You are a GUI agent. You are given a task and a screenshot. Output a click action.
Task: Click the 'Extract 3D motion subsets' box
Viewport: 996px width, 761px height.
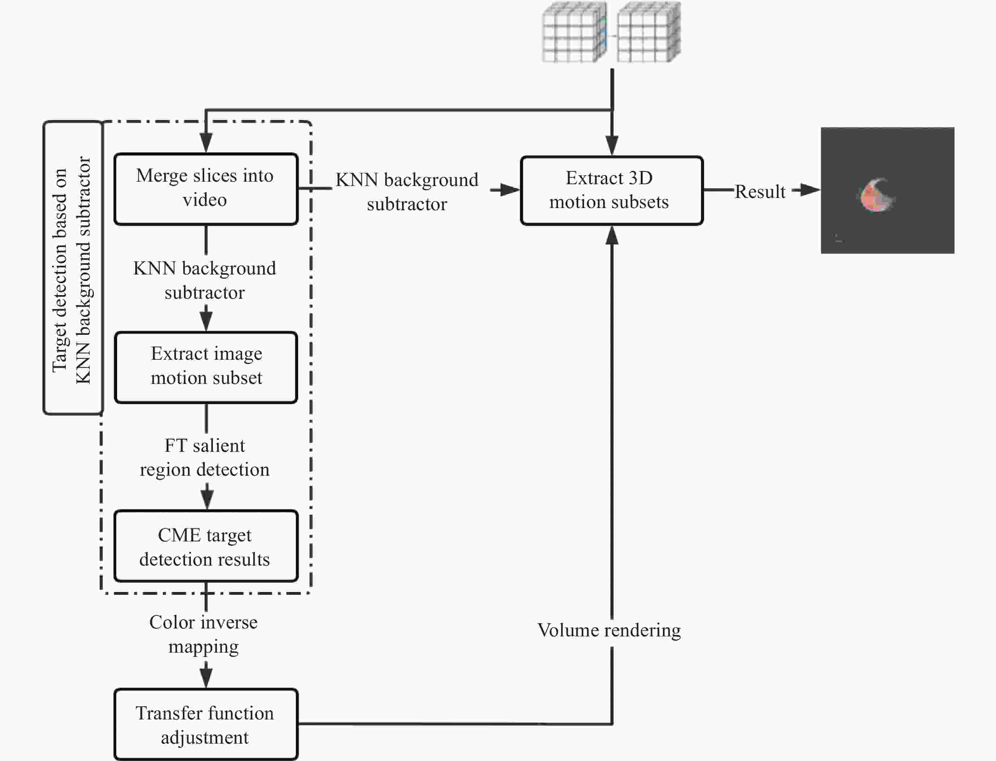(x=612, y=190)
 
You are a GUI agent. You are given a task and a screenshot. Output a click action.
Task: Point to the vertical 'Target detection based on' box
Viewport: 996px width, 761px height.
(x=73, y=267)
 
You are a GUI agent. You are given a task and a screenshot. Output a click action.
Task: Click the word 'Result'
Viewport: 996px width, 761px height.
(x=760, y=192)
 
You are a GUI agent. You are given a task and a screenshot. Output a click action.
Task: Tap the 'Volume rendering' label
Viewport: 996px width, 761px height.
(x=609, y=631)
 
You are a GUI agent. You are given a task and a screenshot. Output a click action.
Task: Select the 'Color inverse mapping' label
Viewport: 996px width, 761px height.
(x=203, y=634)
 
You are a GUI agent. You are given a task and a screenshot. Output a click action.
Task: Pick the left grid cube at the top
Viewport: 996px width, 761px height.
(x=575, y=32)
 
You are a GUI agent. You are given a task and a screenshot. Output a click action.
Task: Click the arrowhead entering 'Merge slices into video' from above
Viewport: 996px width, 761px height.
(x=206, y=143)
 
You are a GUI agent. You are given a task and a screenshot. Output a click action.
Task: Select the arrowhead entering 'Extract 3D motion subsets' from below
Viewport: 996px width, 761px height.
(x=612, y=235)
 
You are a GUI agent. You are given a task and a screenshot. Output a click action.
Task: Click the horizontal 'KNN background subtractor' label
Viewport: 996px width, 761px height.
(x=407, y=192)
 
